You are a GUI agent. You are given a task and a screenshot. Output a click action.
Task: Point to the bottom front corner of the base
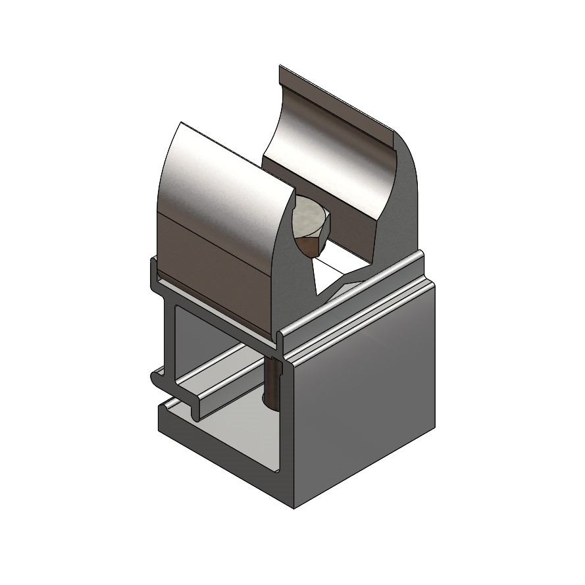pos(293,507)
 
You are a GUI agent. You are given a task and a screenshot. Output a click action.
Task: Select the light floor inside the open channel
pos(224,428)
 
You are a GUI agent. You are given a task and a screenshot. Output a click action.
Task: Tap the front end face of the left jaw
pos(290,263)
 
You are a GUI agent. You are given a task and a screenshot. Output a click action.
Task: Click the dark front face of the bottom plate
pos(224,461)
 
